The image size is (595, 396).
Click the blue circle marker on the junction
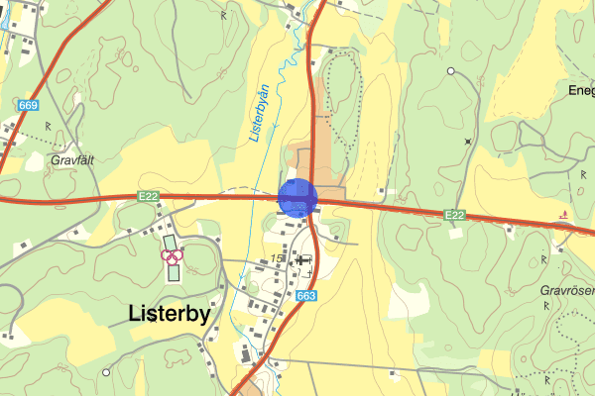(x=297, y=197)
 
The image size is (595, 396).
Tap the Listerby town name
(x=184, y=313)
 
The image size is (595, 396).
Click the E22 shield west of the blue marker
(x=149, y=197)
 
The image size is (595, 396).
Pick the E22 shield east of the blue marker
(x=454, y=214)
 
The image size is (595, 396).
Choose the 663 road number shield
(x=305, y=296)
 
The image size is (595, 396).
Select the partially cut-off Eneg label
(x=580, y=90)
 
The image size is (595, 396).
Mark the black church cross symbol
(x=301, y=257)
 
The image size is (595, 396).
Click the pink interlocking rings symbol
(x=173, y=256)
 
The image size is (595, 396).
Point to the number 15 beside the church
(x=279, y=257)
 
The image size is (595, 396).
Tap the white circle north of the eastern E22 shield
(x=450, y=71)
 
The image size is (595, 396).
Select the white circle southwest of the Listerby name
(x=106, y=372)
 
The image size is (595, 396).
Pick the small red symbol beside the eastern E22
(x=563, y=214)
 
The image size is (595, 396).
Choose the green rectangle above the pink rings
(x=170, y=241)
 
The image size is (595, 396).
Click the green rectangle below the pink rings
(x=175, y=271)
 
